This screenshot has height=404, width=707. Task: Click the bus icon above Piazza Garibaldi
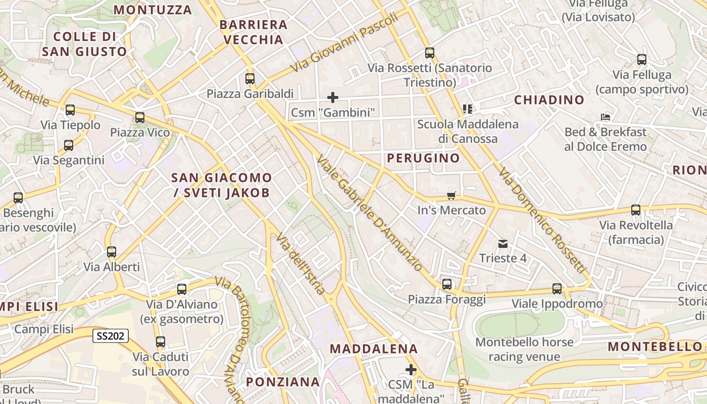(x=249, y=79)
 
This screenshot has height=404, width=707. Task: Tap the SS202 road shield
(x=110, y=335)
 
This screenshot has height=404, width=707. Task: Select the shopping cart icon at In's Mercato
(x=451, y=195)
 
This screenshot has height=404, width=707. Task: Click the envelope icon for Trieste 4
(x=502, y=244)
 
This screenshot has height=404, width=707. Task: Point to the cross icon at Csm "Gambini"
(x=333, y=97)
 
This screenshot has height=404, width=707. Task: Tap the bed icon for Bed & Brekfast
(x=605, y=117)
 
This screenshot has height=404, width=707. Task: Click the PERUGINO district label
(x=423, y=158)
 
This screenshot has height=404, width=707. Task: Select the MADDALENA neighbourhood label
(x=374, y=348)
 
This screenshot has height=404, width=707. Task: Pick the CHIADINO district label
(x=549, y=100)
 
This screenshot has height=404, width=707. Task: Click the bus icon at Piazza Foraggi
(x=447, y=284)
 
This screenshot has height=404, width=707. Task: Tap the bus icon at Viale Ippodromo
(x=557, y=289)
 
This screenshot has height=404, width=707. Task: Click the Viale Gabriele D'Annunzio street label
(x=369, y=213)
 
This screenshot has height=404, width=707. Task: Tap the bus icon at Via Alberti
(x=112, y=251)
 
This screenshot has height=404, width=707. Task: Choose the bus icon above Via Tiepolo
(x=70, y=110)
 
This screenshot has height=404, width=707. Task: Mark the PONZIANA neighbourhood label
(x=283, y=382)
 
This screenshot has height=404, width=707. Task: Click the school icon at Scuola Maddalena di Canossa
(x=467, y=109)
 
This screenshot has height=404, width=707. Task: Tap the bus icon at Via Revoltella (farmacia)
(x=635, y=210)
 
